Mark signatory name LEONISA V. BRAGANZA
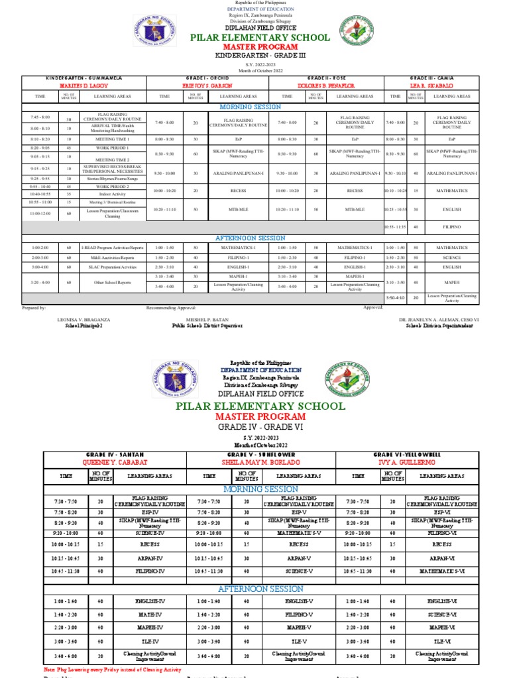[x=84, y=319]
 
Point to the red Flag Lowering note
[x=112, y=670]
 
